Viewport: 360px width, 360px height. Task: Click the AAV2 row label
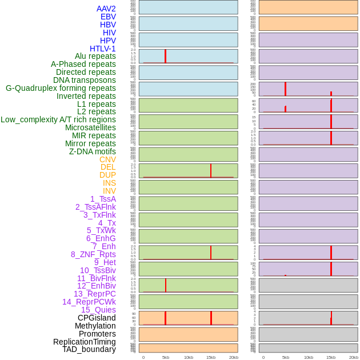(106, 9)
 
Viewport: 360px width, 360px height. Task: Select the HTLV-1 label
(102, 49)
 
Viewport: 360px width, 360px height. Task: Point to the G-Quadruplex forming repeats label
(61, 88)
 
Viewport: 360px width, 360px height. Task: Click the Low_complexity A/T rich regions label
(58, 119)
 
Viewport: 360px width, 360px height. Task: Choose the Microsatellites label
(90, 127)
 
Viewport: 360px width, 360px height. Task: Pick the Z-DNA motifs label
(92, 151)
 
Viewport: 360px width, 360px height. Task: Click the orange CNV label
(107, 159)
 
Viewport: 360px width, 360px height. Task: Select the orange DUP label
(107, 175)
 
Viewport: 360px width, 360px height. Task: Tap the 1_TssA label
(103, 199)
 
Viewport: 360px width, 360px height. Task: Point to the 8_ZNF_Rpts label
(93, 254)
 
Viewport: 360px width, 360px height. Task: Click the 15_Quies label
(98, 310)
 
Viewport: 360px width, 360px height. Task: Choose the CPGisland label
(97, 318)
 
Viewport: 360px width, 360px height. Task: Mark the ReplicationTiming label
(84, 342)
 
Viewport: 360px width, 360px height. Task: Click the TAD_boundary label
(89, 349)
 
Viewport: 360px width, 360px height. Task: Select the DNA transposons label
(85, 80)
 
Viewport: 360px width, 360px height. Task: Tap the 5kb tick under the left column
(166, 357)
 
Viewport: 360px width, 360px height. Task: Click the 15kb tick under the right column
(331, 357)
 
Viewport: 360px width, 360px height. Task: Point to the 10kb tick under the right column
(309, 357)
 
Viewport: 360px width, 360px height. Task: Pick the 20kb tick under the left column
(233, 357)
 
